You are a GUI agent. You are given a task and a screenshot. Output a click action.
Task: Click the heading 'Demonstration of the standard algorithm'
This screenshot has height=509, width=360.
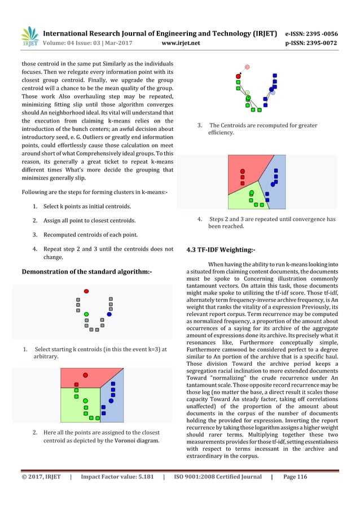click(86, 272)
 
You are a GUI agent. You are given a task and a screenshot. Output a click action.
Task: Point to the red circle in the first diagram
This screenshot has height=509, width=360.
click(86, 291)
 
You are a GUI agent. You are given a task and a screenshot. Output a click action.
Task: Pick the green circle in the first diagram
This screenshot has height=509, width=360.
click(86, 314)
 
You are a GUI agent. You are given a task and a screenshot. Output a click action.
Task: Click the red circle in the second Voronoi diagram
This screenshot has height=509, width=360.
click(85, 374)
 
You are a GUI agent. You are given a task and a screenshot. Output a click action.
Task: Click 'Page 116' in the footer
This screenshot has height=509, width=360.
click(295, 477)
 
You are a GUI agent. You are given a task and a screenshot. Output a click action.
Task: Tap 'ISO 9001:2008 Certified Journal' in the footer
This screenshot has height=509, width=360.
click(217, 477)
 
